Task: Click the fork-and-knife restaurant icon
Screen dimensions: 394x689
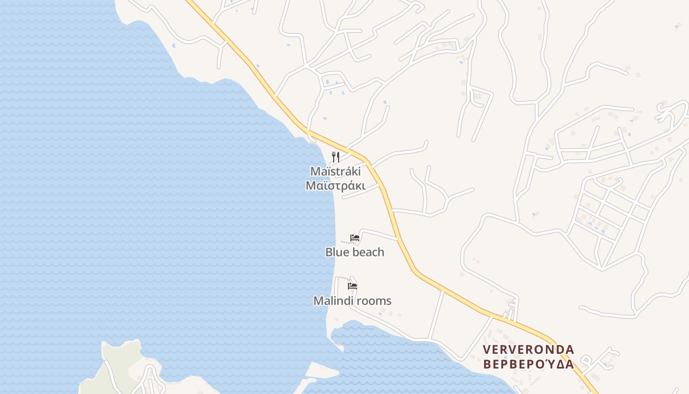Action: point(336,157)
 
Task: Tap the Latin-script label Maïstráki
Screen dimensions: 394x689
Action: point(335,171)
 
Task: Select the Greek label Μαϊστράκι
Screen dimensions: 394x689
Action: point(335,186)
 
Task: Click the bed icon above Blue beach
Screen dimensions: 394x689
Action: point(354,238)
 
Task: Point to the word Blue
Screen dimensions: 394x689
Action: point(336,252)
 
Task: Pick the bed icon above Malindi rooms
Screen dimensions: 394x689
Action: point(352,286)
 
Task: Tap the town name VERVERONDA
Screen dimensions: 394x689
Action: point(528,350)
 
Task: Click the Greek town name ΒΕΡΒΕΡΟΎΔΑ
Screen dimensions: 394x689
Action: point(528,364)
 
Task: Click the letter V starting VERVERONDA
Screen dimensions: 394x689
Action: point(487,350)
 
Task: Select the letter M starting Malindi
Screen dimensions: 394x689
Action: point(318,300)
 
